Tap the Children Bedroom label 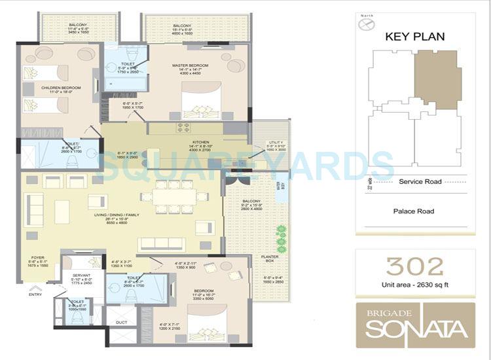42,87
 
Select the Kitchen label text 200,142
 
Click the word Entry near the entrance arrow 35,294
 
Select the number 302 414,266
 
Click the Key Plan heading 414,37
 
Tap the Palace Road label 413,211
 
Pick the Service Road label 420,181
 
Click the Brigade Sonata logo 416,325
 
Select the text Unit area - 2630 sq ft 414,285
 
